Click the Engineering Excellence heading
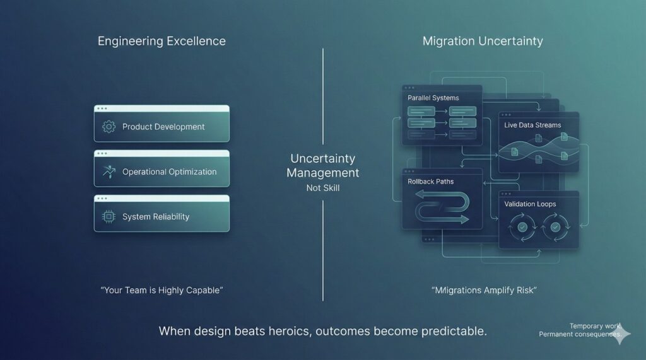(161, 42)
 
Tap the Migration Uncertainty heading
(483, 42)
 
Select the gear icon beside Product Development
(109, 127)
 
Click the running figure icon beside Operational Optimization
(109, 171)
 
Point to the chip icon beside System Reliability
(109, 216)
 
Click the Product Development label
(163, 127)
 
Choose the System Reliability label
(156, 216)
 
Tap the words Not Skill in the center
(322, 188)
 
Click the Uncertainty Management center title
(322, 166)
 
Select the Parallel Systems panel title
(433, 98)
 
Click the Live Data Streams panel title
(532, 125)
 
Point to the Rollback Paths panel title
(431, 182)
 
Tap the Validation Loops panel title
(530, 204)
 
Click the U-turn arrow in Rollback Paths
(442, 209)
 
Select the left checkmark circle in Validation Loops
(522, 227)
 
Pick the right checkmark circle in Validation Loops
(555, 227)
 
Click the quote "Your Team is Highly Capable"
(162, 290)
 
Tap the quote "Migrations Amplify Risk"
(484, 290)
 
